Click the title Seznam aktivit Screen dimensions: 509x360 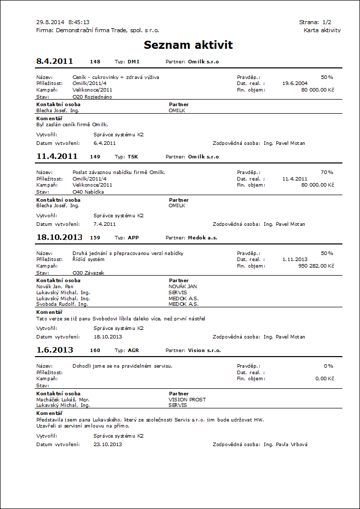tap(188, 45)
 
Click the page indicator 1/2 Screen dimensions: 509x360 tap(326, 22)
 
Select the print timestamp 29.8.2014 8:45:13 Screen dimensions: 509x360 tap(63, 22)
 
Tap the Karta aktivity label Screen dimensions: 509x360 tap(322, 30)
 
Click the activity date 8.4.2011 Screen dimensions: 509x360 tap(55, 62)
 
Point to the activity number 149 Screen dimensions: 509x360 tap(95, 157)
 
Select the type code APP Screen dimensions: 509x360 tap(133, 238)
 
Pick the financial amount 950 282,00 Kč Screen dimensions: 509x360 tap(316, 266)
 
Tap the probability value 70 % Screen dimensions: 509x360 tap(327, 172)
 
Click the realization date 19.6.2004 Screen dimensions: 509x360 tap(295, 83)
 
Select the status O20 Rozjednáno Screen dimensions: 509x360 tap(93, 97)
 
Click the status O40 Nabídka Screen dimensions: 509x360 tap(88, 192)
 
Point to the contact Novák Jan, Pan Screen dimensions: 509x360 tap(54, 286)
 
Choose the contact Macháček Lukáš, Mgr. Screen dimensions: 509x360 tap(63, 399)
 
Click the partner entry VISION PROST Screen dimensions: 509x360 tap(187, 399)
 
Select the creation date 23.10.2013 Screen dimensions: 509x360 tap(108, 445)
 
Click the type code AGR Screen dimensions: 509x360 tap(133, 351)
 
